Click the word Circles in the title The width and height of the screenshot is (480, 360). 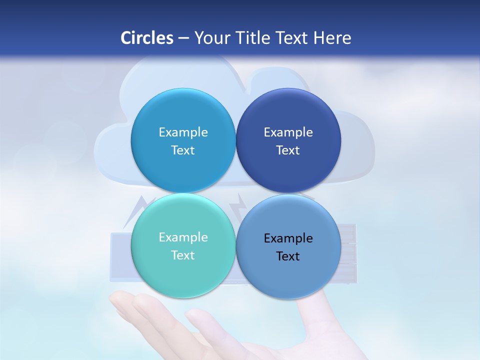point(147,38)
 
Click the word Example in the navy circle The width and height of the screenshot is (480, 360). point(288,132)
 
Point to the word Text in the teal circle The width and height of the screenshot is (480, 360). point(183,255)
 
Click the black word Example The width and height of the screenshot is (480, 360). point(288,238)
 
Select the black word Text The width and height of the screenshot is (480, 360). point(288,256)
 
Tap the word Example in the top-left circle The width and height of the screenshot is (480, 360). point(183,132)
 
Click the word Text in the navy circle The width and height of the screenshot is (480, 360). point(288,150)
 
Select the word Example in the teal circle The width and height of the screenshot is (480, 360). point(183,237)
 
